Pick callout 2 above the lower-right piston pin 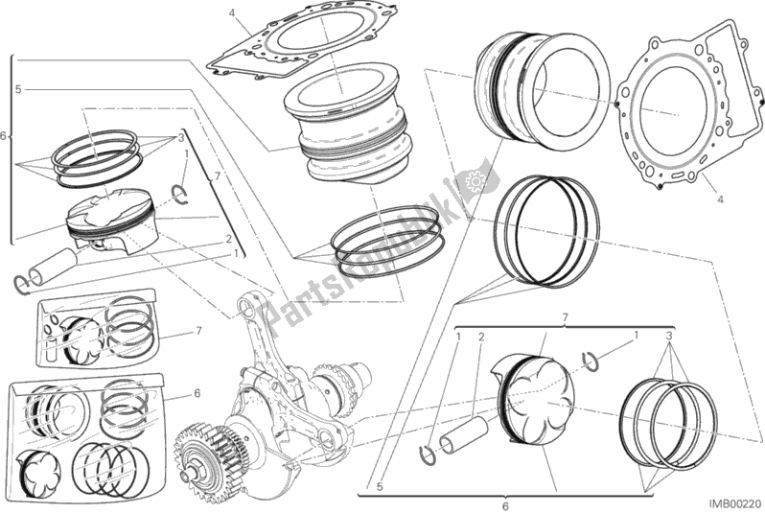pos(482,337)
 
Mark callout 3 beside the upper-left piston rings pos(179,137)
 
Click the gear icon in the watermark pos(471,180)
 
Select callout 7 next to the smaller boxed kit pos(197,331)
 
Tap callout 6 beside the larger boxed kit pos(197,393)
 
